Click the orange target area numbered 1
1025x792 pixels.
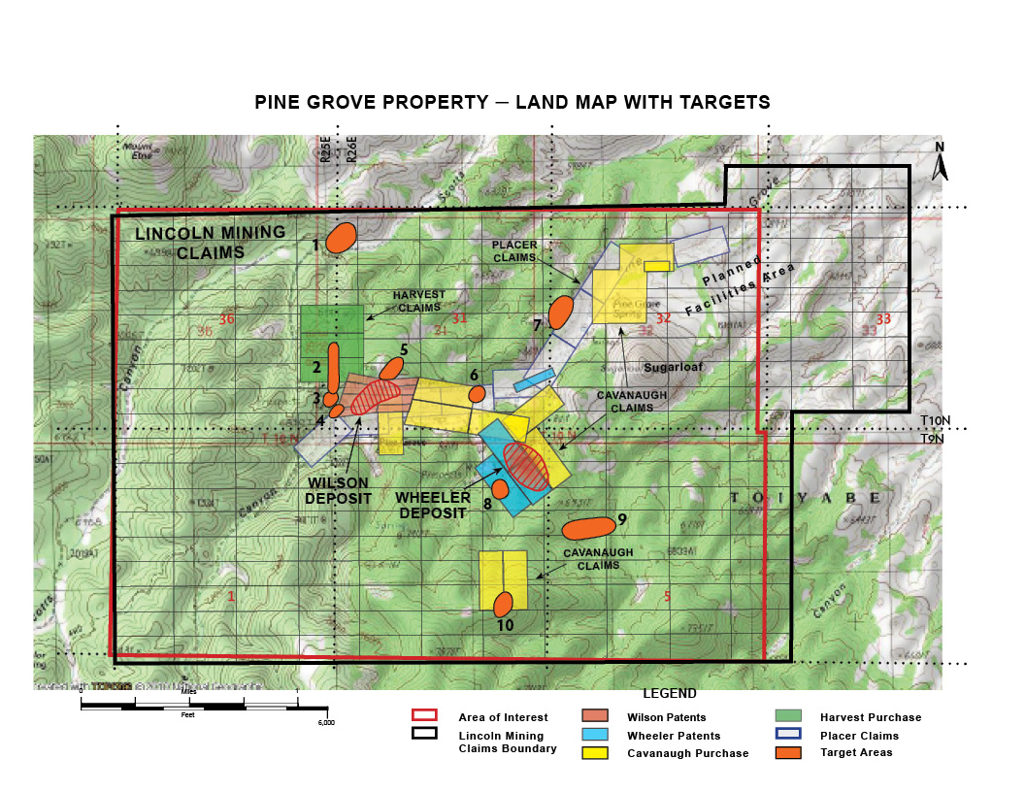(341, 238)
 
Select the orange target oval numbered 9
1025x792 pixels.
(588, 528)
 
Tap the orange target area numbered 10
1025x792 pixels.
(503, 604)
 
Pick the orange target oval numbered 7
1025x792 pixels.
(560, 313)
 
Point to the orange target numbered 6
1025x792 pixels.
(477, 393)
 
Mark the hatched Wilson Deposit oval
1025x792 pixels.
(375, 396)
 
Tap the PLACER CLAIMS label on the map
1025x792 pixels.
(514, 252)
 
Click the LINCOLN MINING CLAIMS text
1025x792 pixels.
(210, 241)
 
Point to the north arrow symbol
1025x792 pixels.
(939, 162)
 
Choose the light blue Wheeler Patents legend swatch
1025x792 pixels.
(595, 735)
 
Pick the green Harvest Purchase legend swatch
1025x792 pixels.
(788, 716)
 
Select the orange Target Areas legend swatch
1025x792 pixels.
(788, 751)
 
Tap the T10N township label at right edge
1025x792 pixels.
(934, 420)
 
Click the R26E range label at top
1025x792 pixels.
(352, 148)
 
